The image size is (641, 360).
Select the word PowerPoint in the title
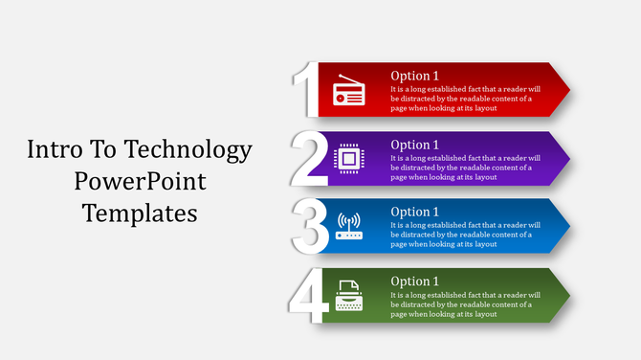[x=140, y=181]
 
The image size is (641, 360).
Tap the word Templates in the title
[x=140, y=213]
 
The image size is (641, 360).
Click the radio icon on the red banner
[x=348, y=93]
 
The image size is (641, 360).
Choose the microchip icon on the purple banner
[x=348, y=159]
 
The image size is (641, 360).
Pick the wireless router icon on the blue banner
[x=349, y=227]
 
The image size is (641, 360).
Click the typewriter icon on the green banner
[x=349, y=294]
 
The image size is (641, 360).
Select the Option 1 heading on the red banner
[x=415, y=76]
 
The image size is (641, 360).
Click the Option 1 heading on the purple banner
[x=415, y=145]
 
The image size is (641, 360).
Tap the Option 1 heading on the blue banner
[x=415, y=212]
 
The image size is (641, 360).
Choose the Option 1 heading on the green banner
[x=415, y=281]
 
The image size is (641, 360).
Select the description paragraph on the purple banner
[x=465, y=167]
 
